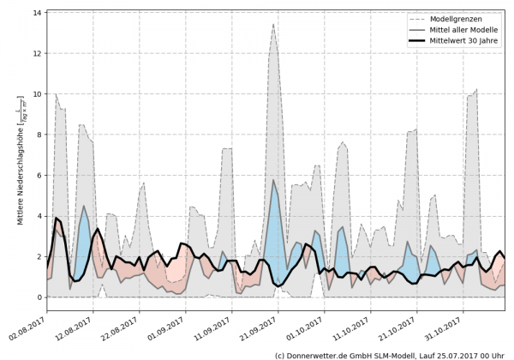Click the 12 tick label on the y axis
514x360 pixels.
pyautogui.click(x=37, y=54)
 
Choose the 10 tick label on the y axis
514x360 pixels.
pyautogui.click(x=37, y=94)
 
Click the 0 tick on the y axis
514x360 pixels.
pyautogui.click(x=39, y=297)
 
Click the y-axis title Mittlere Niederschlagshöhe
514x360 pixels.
pyautogui.click(x=18, y=163)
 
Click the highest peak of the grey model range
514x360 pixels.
pyautogui.click(x=273, y=25)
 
